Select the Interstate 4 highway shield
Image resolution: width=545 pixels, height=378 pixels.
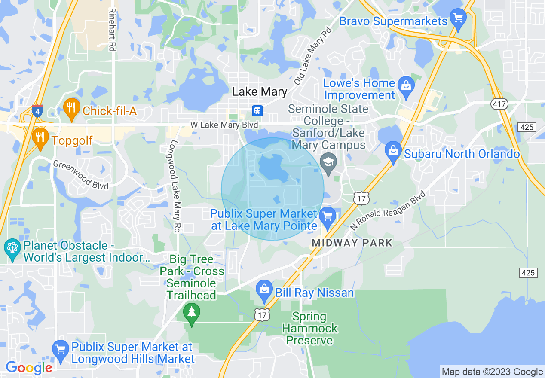click(x=37, y=111)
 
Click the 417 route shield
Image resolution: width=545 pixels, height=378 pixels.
click(x=500, y=104)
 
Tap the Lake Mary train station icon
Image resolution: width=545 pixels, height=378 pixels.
click(x=257, y=110)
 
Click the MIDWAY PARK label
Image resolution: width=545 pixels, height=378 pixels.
click(x=352, y=243)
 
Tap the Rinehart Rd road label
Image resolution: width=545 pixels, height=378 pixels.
click(x=113, y=30)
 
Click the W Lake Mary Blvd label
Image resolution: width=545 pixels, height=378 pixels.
click(x=225, y=125)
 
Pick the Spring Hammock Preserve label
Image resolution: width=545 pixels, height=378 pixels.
click(x=309, y=329)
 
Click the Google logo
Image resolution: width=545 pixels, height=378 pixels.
click(x=29, y=368)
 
